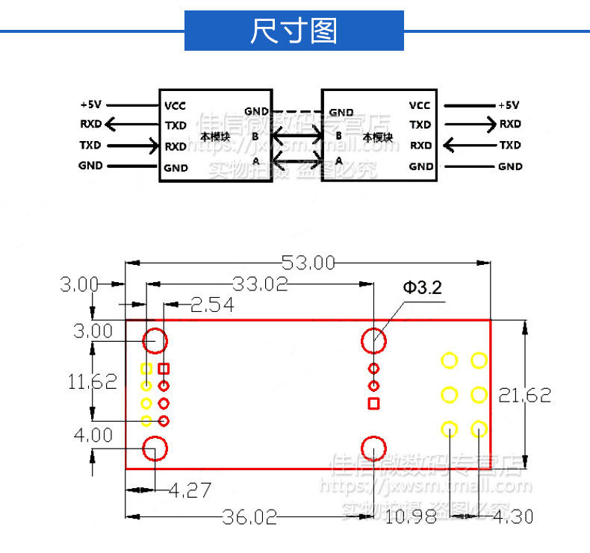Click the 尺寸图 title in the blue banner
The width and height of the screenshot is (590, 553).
[294, 31]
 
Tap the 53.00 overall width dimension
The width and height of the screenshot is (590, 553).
[308, 263]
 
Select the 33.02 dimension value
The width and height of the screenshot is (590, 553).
[260, 284]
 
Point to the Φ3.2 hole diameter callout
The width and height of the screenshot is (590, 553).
[423, 288]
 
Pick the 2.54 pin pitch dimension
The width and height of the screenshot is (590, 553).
[212, 304]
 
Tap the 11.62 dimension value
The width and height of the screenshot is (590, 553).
[93, 382]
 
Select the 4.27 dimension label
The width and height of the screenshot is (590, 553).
[190, 490]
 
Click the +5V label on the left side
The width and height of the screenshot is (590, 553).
[90, 104]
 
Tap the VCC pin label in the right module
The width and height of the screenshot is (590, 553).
[420, 105]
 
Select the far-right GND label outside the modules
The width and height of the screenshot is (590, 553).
[509, 166]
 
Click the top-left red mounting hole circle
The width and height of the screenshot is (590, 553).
[155, 340]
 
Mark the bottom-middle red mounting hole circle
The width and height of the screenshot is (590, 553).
[373, 449]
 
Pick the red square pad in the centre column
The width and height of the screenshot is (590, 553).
[373, 404]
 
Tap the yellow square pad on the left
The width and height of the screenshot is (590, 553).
[146, 369]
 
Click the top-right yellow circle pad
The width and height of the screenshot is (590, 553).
[478, 360]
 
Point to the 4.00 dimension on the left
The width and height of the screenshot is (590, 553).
[93, 434]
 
